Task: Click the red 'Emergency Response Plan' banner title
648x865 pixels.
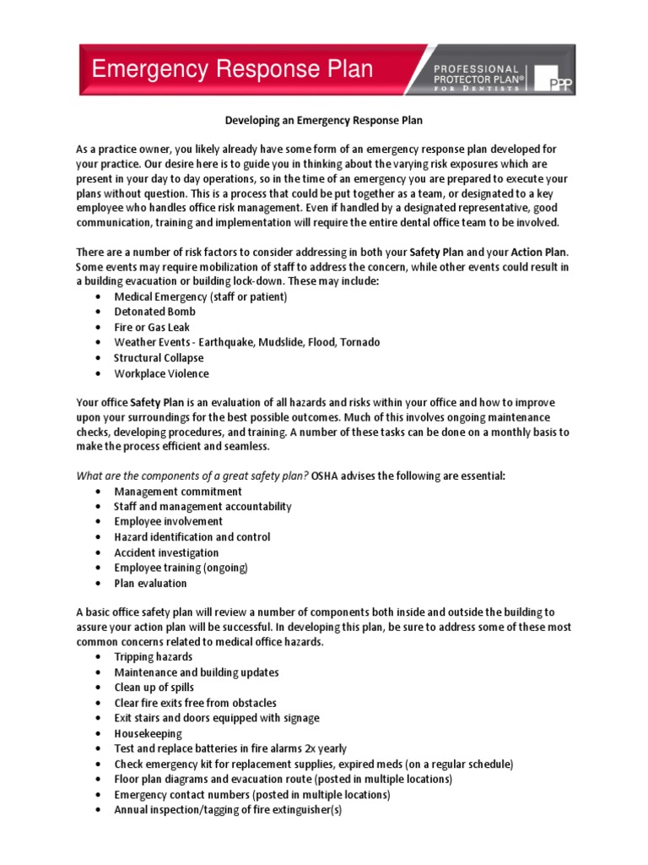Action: pyautogui.click(x=232, y=69)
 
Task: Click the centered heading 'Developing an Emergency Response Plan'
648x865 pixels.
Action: pyautogui.click(x=323, y=122)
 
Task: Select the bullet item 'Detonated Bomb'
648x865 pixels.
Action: pyautogui.click(x=154, y=312)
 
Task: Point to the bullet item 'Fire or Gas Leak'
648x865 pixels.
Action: pyautogui.click(x=152, y=327)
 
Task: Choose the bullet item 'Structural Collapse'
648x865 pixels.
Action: pyautogui.click(x=159, y=358)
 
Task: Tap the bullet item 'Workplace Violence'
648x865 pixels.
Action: pyautogui.click(x=161, y=373)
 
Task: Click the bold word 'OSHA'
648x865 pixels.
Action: pyautogui.click(x=326, y=476)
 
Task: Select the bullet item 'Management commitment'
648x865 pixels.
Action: pyautogui.click(x=178, y=492)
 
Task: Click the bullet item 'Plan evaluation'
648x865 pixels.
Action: pyautogui.click(x=150, y=583)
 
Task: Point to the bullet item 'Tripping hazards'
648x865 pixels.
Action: pyautogui.click(x=153, y=657)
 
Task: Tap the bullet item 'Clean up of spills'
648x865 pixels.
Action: pyautogui.click(x=154, y=688)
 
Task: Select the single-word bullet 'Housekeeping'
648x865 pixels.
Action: pyautogui.click(x=148, y=733)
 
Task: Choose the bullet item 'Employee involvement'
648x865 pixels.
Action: pyautogui.click(x=169, y=522)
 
